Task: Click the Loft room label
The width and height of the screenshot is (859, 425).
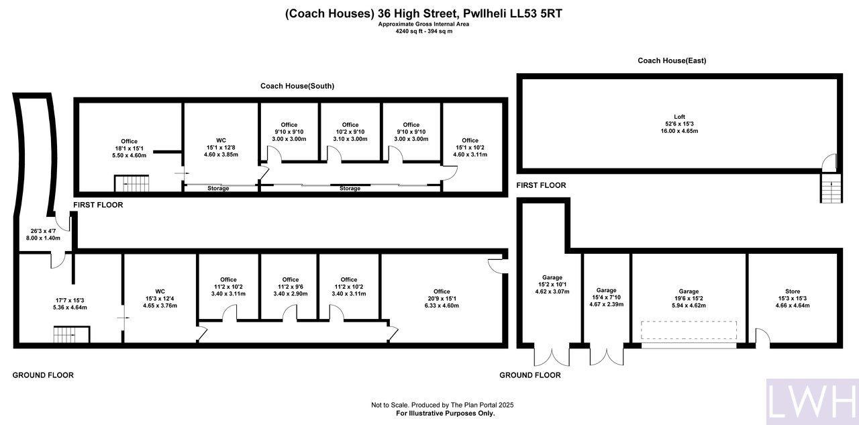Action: tap(679, 124)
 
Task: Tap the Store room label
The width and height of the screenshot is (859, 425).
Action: tap(793, 298)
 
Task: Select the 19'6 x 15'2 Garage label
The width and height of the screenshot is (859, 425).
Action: tap(689, 298)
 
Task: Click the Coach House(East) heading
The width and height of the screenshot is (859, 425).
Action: tap(672, 60)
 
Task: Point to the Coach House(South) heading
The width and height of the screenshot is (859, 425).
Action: tap(297, 86)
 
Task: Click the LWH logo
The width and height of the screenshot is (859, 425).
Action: tap(813, 402)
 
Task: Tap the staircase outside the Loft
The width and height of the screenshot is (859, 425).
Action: tap(831, 188)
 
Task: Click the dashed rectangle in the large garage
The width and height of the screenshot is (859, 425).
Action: tap(689, 330)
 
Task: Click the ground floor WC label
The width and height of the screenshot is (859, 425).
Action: tap(160, 298)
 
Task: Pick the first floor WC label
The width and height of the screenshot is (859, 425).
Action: tap(221, 147)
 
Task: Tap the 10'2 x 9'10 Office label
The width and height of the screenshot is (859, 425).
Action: tap(350, 132)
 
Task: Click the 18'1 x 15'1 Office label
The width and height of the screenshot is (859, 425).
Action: tap(130, 148)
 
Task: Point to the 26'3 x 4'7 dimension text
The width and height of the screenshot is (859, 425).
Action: tap(43, 234)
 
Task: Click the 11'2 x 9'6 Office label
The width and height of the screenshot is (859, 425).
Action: tap(291, 287)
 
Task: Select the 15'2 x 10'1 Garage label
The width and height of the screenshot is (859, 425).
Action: tap(552, 284)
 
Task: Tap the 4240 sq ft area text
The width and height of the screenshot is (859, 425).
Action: tap(423, 31)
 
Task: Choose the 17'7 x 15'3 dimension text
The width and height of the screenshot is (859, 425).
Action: tap(70, 303)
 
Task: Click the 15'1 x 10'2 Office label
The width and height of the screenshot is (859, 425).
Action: tap(470, 147)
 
